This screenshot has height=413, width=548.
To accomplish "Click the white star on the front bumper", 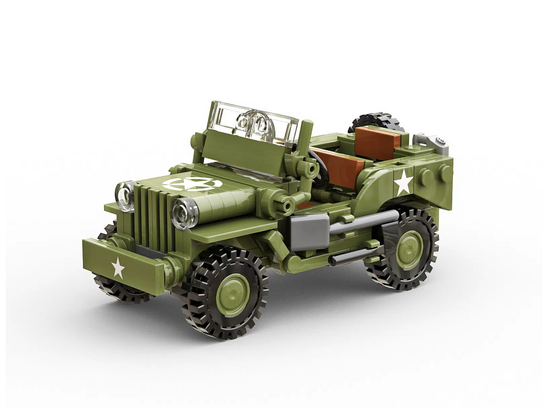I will click(x=118, y=268).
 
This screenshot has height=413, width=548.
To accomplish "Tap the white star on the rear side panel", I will click(x=403, y=183).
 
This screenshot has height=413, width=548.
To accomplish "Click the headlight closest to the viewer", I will click(x=185, y=213).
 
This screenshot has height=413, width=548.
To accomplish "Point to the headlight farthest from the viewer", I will click(x=125, y=196).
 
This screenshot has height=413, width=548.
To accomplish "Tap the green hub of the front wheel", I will click(x=232, y=294).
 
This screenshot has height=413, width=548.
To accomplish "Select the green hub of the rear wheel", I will click(x=409, y=250).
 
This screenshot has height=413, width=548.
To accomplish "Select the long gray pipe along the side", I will click(x=363, y=221).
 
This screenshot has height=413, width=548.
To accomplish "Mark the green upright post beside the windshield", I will click(x=305, y=140).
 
